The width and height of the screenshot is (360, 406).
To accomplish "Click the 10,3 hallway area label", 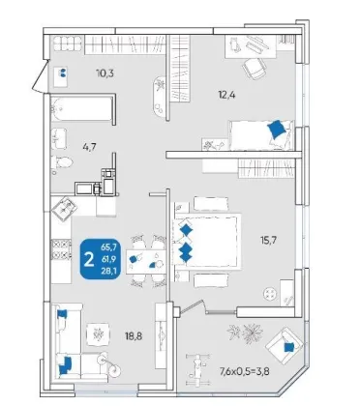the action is click(105, 73).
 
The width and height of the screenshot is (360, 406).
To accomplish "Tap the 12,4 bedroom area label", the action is click(226, 95).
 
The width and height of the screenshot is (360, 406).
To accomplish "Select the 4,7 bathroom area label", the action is click(89, 147).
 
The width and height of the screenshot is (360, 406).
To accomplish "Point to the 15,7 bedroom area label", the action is click(268, 240).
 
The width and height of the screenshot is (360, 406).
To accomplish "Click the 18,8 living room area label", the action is click(134, 336).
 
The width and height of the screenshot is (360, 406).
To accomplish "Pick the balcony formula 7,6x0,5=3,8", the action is click(245, 372).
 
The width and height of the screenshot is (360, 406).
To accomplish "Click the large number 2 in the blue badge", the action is click(89, 259).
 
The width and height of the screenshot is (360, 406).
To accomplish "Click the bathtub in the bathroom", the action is click(82, 109).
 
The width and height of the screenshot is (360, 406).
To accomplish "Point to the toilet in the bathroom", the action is click(62, 162).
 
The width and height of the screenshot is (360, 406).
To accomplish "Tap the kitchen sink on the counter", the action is click(65, 209).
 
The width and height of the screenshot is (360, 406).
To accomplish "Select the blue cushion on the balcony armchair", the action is click(288, 347).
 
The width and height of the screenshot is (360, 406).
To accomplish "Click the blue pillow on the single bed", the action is click(277, 129).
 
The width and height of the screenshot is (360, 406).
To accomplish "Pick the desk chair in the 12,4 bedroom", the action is click(255, 69).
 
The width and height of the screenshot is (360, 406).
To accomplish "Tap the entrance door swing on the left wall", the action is click(41, 76).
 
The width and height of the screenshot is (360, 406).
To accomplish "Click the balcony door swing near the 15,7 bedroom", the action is click(192, 306).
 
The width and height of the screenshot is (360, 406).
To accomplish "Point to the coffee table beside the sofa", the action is click(98, 333).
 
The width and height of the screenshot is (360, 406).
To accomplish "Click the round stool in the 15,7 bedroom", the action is click(270, 294).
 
